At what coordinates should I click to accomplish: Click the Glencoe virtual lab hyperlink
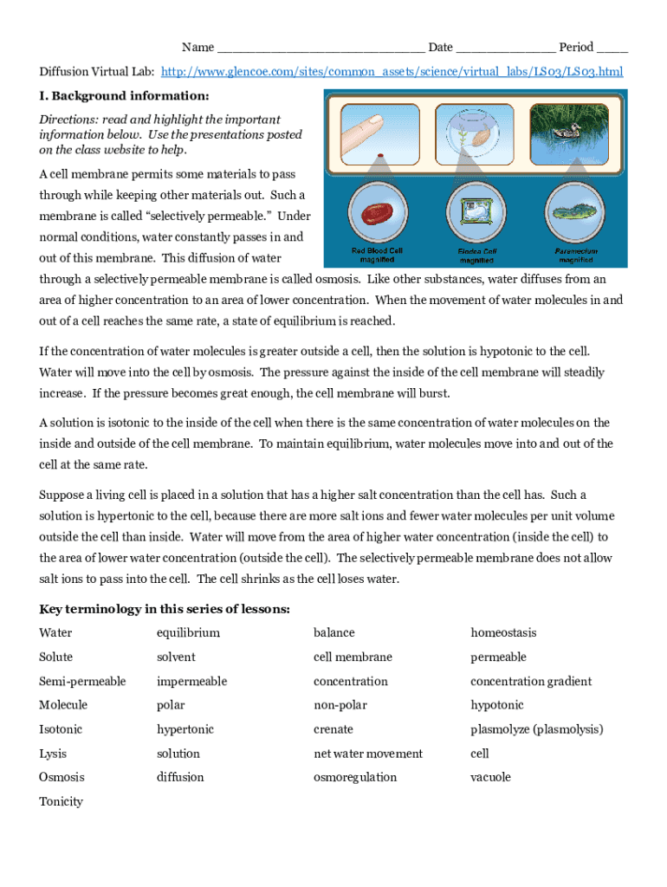click(392, 71)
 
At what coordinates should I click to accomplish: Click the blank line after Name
click(321, 49)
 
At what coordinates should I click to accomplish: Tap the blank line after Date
click(505, 49)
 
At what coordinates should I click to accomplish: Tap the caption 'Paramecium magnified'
click(575, 256)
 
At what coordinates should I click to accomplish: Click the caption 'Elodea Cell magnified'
click(476, 256)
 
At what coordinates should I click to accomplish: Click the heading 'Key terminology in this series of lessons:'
click(165, 609)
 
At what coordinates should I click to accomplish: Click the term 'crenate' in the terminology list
click(333, 729)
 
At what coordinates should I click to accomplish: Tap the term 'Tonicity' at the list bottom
click(61, 802)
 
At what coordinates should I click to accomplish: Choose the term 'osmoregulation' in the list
click(355, 778)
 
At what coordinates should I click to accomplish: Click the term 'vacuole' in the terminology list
click(490, 778)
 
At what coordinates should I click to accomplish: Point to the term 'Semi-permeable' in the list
click(82, 682)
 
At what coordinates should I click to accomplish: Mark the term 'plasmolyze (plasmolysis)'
click(536, 729)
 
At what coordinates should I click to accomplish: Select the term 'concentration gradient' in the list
click(531, 682)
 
